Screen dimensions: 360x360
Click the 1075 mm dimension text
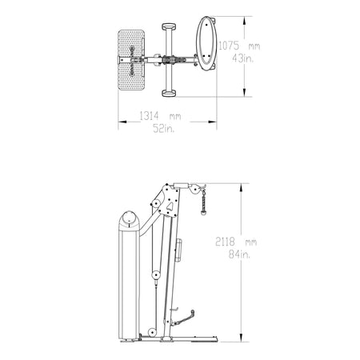click(x=239, y=46)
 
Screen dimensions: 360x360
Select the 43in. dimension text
click(x=242, y=58)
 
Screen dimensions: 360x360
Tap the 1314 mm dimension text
click(x=160, y=116)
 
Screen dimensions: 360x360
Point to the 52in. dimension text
click(x=164, y=128)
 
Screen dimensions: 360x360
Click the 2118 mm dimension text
click(x=236, y=242)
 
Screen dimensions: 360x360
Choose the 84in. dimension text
click(x=239, y=254)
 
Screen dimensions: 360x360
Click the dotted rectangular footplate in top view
click(x=131, y=60)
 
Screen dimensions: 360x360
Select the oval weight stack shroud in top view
click(x=206, y=44)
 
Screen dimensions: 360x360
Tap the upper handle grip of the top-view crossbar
click(x=169, y=26)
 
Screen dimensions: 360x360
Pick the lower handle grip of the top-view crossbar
click(x=169, y=93)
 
